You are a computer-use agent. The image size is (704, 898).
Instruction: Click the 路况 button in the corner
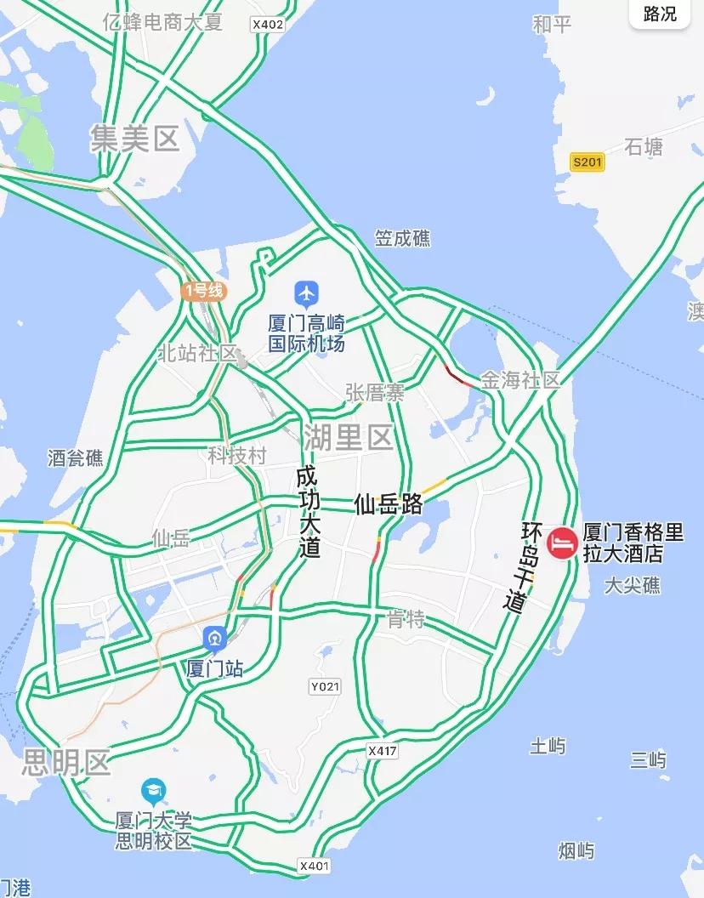(660, 14)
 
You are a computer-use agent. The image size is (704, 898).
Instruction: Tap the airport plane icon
(306, 293)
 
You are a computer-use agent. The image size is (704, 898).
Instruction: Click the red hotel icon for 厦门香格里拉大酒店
(561, 543)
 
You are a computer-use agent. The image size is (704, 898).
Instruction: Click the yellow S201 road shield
(587, 162)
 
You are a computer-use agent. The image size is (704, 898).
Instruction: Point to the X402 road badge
(267, 25)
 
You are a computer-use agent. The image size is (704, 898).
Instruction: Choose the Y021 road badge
(325, 686)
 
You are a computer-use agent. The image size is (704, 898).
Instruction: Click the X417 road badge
(383, 751)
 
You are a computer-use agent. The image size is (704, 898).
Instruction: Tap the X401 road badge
(314, 866)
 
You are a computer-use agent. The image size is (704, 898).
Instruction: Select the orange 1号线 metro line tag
(203, 291)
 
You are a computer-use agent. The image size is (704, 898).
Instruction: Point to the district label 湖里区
(348, 438)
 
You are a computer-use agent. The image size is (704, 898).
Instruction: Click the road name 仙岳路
(389, 504)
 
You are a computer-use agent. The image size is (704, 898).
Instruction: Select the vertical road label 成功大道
(308, 512)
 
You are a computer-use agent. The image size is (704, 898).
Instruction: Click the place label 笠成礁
(402, 239)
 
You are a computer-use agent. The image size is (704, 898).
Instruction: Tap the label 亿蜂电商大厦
(162, 22)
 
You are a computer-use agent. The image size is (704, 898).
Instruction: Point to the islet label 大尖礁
(631, 585)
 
